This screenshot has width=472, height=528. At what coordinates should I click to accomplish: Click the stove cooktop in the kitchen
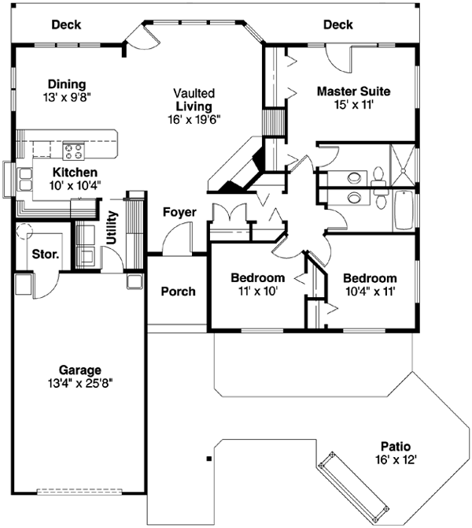(x=74, y=147)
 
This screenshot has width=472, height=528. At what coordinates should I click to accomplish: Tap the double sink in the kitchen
(x=24, y=180)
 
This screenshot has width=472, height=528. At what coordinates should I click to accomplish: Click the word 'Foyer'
(x=179, y=212)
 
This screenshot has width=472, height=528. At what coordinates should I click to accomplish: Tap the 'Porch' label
(x=178, y=292)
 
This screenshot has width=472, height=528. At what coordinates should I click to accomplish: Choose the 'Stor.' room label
(x=42, y=254)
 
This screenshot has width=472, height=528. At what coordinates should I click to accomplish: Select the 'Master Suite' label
(x=353, y=91)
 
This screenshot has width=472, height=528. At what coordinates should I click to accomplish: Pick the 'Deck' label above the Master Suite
(x=337, y=25)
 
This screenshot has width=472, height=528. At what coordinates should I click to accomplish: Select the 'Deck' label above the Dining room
(x=67, y=24)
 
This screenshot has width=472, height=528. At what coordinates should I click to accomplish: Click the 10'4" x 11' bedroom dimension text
(x=369, y=291)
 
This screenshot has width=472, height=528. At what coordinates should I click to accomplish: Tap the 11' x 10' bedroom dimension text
(x=257, y=291)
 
